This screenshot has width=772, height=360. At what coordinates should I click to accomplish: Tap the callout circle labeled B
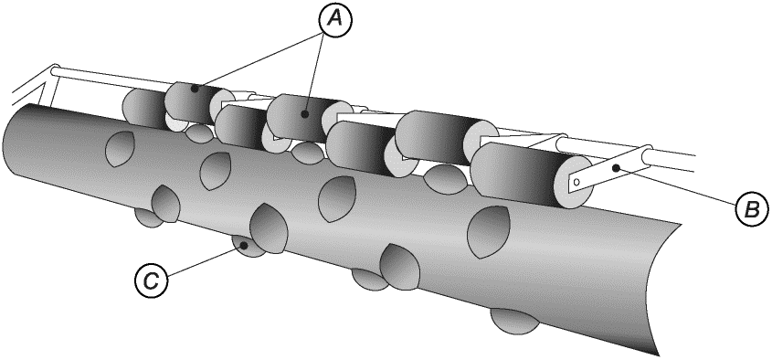pyautogui.click(x=752, y=210)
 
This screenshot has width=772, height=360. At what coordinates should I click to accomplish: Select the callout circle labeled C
pyautogui.click(x=151, y=281)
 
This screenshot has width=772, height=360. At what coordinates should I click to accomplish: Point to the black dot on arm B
pyautogui.click(x=616, y=168)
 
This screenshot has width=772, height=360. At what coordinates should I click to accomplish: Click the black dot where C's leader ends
pyautogui.click(x=242, y=244)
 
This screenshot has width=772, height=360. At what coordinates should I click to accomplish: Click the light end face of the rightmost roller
pyautogui.click(x=573, y=182)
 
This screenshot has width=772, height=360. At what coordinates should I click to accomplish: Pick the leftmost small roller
pyautogui.click(x=145, y=106)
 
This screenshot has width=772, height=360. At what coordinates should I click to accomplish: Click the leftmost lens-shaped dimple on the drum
pyautogui.click(x=119, y=149)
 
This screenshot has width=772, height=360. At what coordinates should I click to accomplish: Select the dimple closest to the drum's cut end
pyautogui.click(x=487, y=232)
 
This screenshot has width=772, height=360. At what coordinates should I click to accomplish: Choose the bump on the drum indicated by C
pyautogui.click(x=249, y=246)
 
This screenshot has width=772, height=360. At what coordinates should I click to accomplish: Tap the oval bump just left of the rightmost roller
pyautogui.click(x=445, y=179)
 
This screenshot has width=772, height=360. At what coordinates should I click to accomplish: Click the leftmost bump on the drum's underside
pyautogui.click(x=149, y=217)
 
